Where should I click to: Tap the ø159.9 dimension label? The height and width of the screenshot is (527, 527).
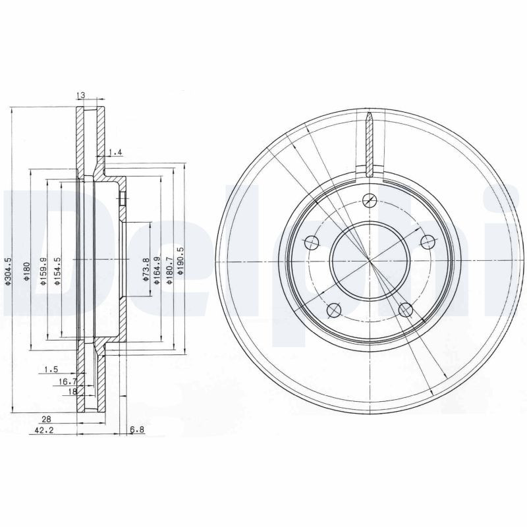click(43, 271)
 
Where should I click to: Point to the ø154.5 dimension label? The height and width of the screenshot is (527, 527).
click(58, 271)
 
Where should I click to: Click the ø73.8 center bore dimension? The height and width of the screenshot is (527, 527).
click(145, 270)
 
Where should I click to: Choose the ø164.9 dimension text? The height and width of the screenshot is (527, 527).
click(157, 270)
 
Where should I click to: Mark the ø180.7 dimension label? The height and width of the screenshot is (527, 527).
click(169, 270)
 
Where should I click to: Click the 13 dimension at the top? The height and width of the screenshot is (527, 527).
click(81, 97)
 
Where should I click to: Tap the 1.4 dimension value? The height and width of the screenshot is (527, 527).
click(115, 153)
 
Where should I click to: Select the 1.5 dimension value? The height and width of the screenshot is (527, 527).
click(51, 370)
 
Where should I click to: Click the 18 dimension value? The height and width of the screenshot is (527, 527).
click(73, 391)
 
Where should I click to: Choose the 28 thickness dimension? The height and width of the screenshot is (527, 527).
click(46, 419)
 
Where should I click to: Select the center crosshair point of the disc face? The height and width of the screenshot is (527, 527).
click(370, 261)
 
